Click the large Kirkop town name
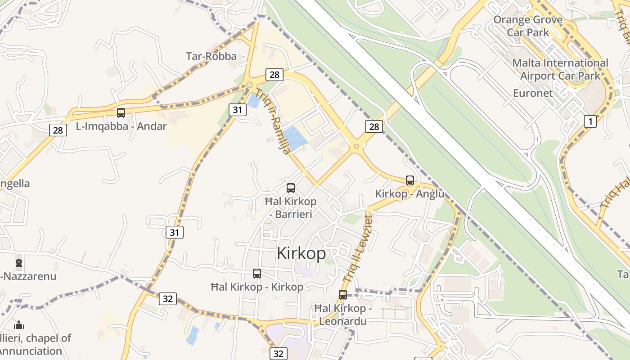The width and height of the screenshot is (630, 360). point(301,253)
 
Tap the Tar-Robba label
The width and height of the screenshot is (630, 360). point(211,56)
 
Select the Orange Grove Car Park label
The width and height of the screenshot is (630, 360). point(528,26)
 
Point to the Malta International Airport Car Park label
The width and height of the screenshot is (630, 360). point(560,69)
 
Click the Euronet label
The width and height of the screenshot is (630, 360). point(533,93)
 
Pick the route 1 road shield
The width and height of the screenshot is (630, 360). point(590,121)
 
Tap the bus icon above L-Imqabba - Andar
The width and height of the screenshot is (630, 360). point(121,112)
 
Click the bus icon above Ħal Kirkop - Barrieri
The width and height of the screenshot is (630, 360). point(291,188)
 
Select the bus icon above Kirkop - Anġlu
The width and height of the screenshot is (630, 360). point(409,180)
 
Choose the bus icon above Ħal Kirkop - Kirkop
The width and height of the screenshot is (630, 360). point(256,273)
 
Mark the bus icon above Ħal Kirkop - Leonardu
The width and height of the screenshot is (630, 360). point(343,295)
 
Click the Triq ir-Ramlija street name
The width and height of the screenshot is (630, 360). point(273,121)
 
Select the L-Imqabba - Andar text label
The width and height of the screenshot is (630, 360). point(121,126)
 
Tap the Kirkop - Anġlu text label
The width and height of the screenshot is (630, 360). point(409,194)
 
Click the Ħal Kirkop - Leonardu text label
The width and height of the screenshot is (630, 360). point(342,315)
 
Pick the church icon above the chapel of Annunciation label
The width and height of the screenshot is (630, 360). point(19,325)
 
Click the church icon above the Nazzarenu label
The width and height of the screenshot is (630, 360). point(19,262)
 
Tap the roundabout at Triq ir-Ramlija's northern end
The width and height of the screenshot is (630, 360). point(249,85)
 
